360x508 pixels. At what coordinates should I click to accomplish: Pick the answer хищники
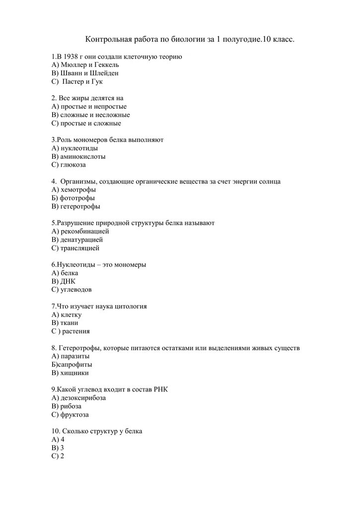pos(74,373)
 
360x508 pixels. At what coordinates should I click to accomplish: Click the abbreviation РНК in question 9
pos(160,389)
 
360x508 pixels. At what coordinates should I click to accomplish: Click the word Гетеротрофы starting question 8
pos(79,348)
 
